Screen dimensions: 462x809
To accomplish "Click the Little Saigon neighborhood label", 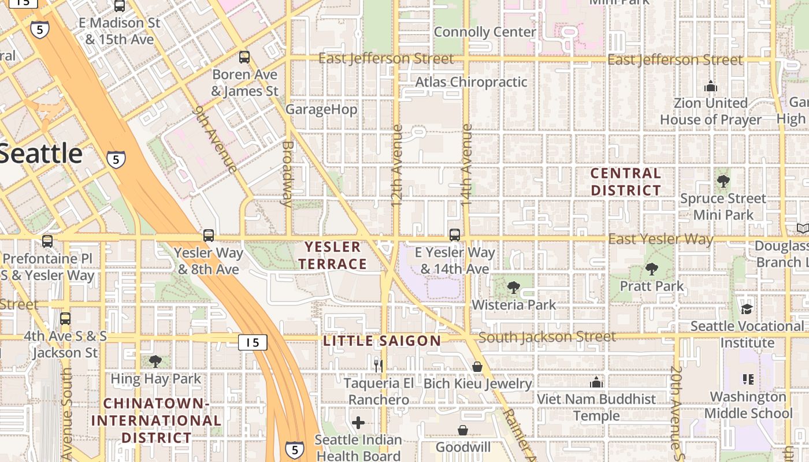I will coord(382,341).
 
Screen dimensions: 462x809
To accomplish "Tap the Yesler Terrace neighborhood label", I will coord(336,256).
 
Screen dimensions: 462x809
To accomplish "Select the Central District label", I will coord(626,182).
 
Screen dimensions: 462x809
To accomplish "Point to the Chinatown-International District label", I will coord(156,420).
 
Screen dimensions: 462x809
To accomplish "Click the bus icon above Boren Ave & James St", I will coord(244,57).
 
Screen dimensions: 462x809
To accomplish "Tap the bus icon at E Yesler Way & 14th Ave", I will coord(455,235).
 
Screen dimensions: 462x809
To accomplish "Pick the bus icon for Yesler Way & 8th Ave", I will coord(208,236).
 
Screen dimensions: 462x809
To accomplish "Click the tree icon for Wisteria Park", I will coord(513,288).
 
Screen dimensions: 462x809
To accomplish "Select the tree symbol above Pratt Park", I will coord(652,269).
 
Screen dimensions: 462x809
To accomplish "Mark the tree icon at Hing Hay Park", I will coord(155,362).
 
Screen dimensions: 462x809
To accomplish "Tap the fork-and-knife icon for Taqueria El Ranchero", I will coord(378,366).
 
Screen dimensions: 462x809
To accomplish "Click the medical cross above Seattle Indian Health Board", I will coord(358,423).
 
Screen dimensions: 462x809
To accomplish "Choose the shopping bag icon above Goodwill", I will coord(463,430).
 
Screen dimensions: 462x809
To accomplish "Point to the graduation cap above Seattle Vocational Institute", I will coord(747,309).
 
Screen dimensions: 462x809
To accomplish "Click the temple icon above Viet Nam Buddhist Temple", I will coord(596,382).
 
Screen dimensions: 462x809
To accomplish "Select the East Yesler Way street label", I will coord(660,239).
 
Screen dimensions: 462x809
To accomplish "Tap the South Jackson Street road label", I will coord(547,337).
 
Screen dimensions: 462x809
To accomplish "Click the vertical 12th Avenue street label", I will coord(396,166).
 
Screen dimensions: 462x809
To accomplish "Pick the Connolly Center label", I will coord(485,32).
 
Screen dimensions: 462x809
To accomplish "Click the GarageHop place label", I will coord(321,109).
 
